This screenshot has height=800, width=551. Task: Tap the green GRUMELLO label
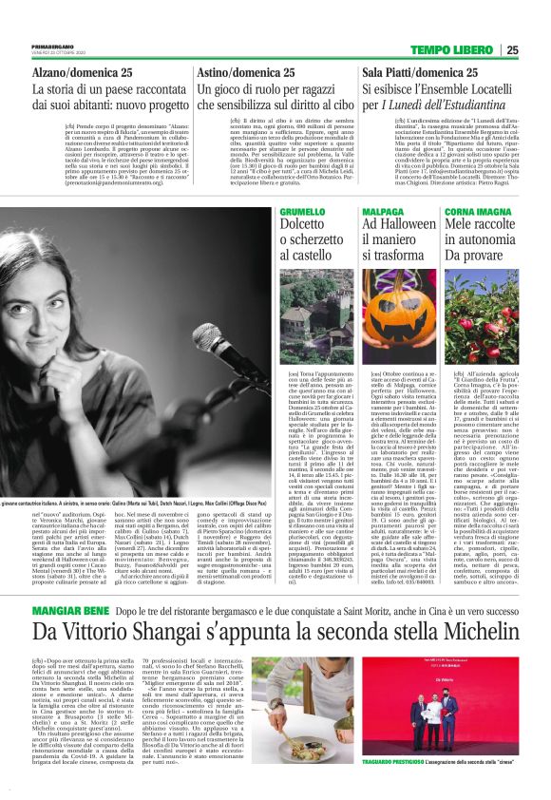(276, 211)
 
